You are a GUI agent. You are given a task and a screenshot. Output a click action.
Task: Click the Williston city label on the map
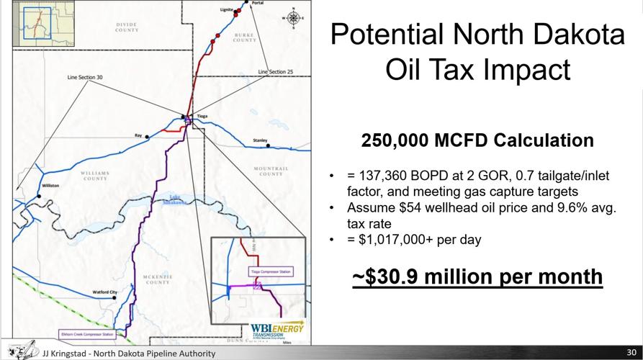(50, 186)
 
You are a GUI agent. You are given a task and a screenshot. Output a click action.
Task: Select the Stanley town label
(260, 140)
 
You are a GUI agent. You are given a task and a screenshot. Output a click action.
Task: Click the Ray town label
(138, 135)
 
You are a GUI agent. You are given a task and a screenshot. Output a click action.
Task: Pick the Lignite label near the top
(227, 10)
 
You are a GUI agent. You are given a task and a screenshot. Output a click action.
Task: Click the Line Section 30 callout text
(85, 76)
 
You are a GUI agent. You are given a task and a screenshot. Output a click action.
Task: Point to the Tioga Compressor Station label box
(271, 271)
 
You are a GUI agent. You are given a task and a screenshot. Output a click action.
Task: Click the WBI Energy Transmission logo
(277, 330)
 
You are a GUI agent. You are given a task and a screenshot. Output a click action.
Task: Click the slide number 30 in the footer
(631, 354)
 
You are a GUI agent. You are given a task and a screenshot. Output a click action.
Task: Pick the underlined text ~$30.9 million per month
(477, 276)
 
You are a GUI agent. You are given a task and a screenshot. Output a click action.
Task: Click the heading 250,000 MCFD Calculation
(477, 140)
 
